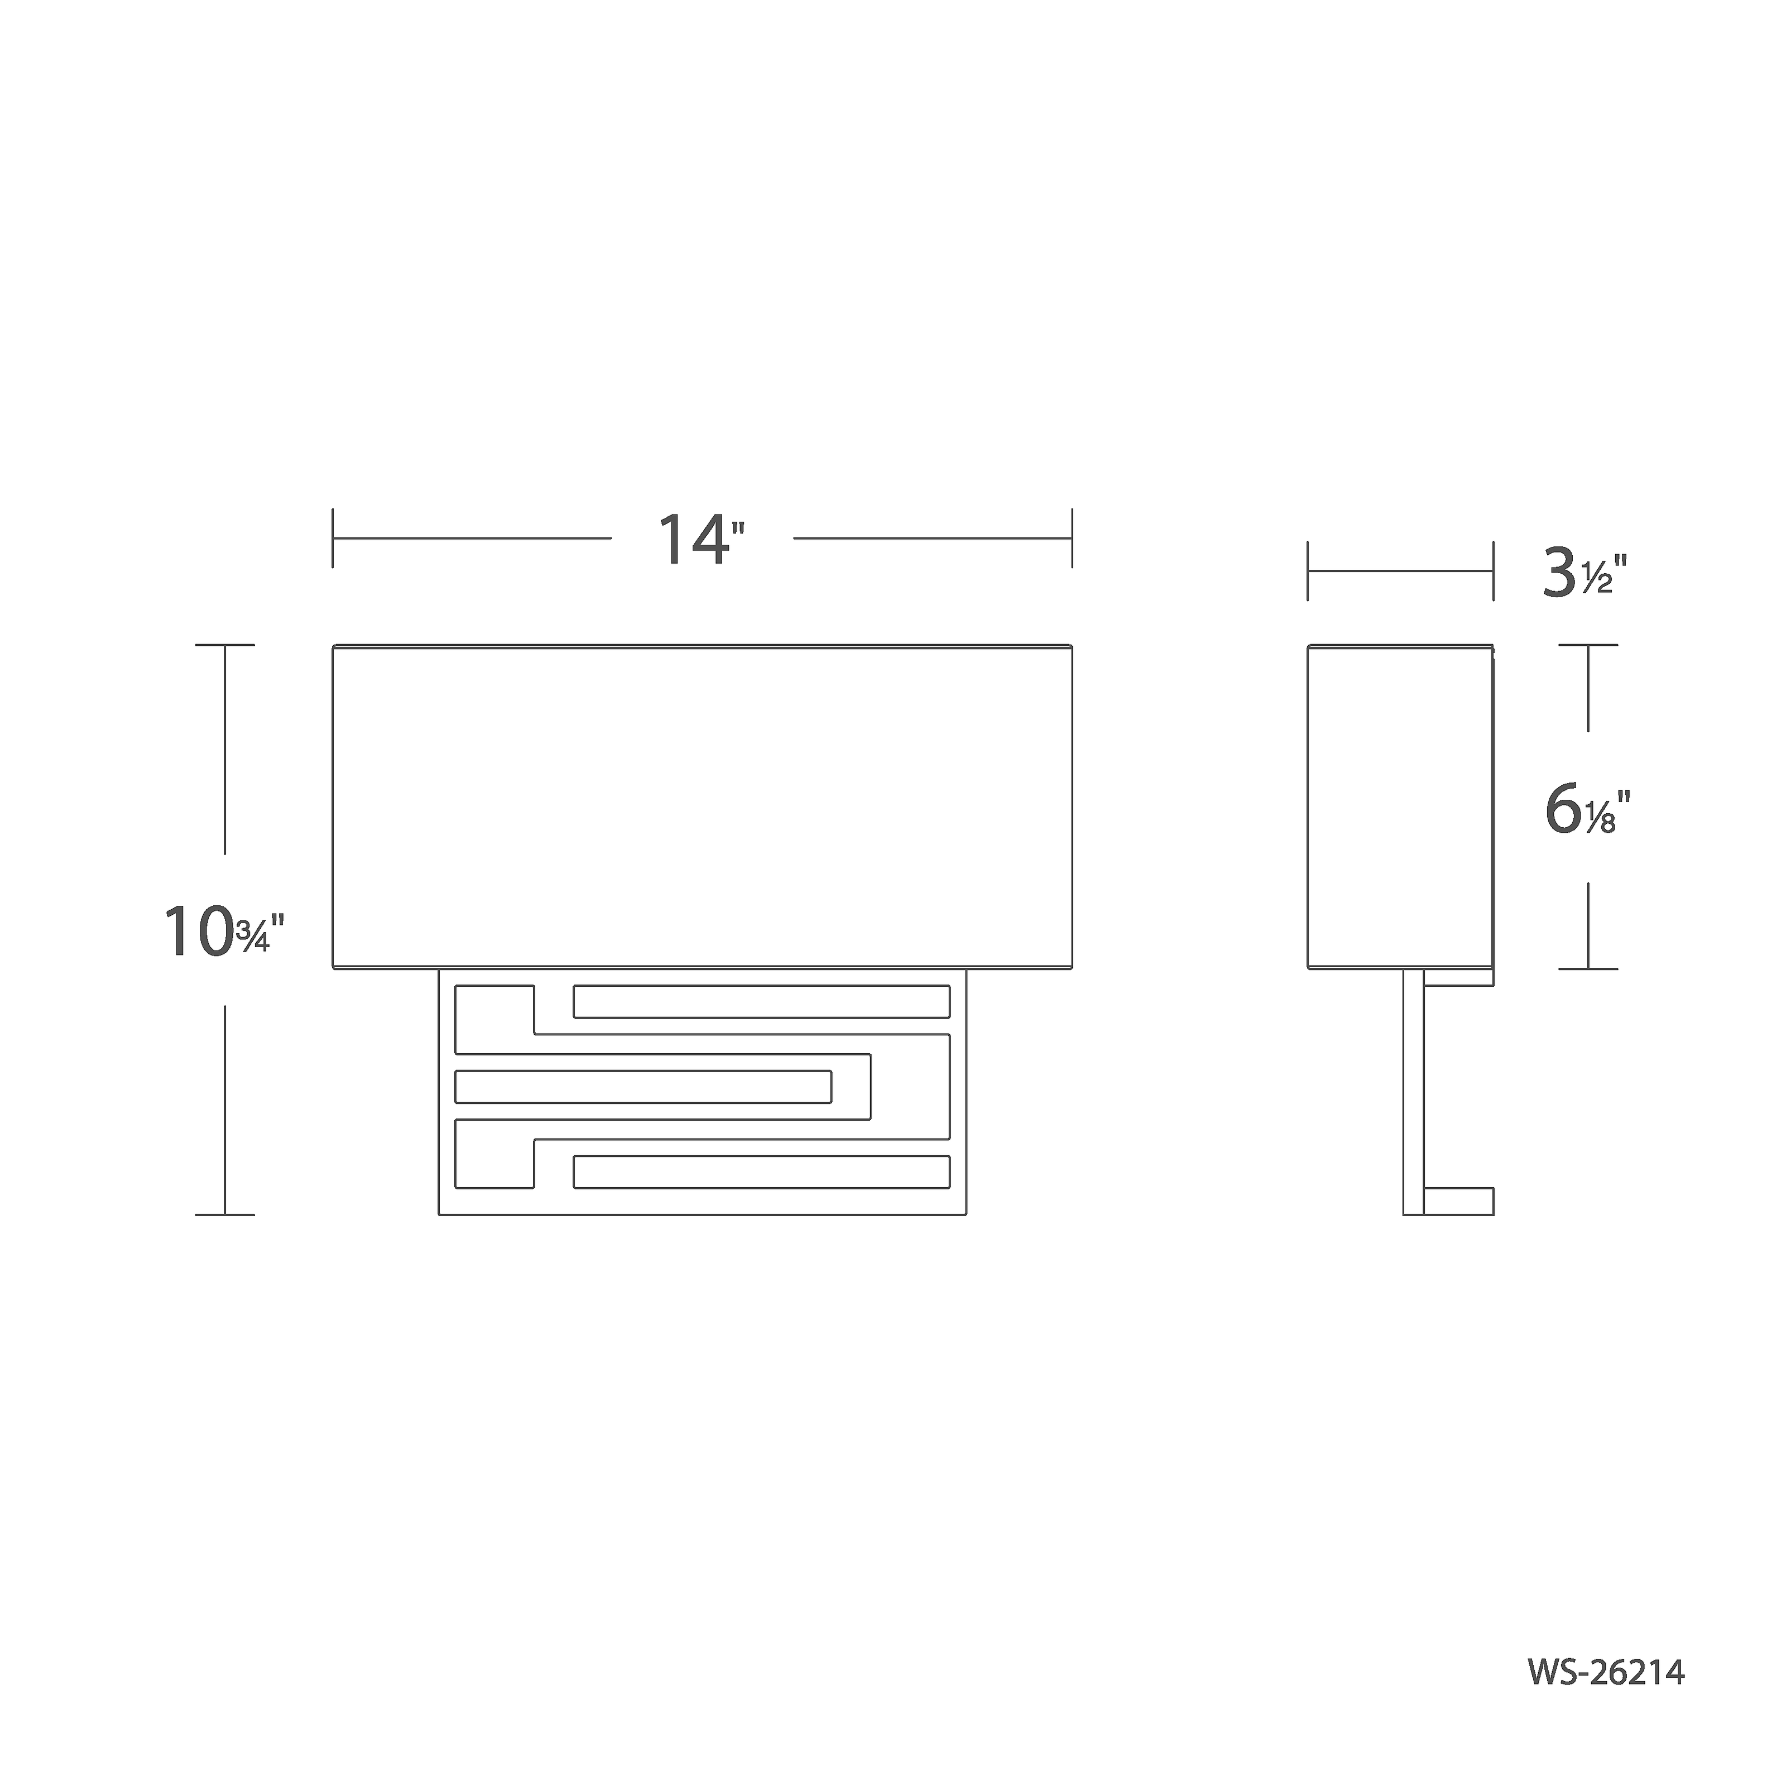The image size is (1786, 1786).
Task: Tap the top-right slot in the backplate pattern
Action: [x=762, y=1002]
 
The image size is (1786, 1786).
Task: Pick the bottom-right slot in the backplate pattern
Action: [x=762, y=1172]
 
